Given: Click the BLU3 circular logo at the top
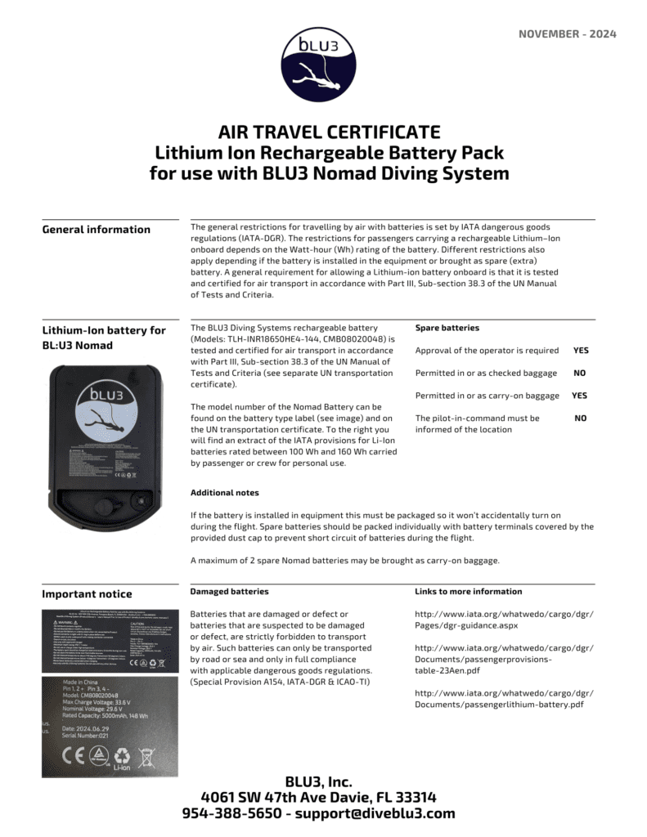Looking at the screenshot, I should pos(319,65).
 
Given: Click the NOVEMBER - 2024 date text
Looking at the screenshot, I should pos(567,34).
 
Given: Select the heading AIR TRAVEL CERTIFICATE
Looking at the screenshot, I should pos(329,132).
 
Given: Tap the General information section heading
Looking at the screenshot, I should pos(96,230).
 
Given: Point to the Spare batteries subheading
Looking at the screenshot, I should pos(447,328).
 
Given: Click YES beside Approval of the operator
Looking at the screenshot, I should pos(580,351).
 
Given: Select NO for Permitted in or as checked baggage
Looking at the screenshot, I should pos(580,374).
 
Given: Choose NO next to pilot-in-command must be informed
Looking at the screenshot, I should pos(580,418).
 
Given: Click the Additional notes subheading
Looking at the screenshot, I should pos(224,493).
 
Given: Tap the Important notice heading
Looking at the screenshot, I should pos(86,594).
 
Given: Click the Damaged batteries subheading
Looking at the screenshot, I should pos(228,591).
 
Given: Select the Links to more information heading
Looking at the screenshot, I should pos(468,591).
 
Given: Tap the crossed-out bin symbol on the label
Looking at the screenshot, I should pos(146,756).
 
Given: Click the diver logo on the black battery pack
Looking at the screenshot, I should pos(106,410).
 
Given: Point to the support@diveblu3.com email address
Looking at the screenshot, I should pos(375,813).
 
